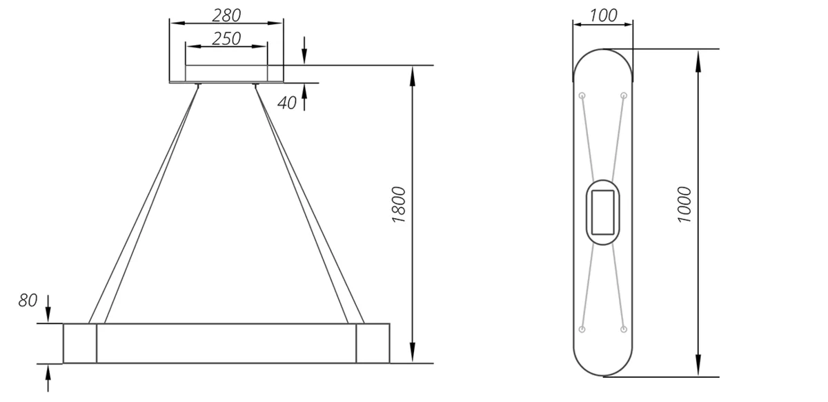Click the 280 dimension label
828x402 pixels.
(x=226, y=15)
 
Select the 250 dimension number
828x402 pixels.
(x=226, y=39)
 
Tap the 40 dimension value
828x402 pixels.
(x=287, y=103)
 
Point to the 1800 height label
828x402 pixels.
(x=399, y=204)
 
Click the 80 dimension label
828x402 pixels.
(x=28, y=300)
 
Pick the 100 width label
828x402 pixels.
(x=603, y=16)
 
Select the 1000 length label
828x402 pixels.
(x=684, y=204)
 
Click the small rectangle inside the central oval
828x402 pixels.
(x=603, y=213)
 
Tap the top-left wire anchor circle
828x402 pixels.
(x=582, y=95)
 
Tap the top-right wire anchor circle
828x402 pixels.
(x=624, y=95)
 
